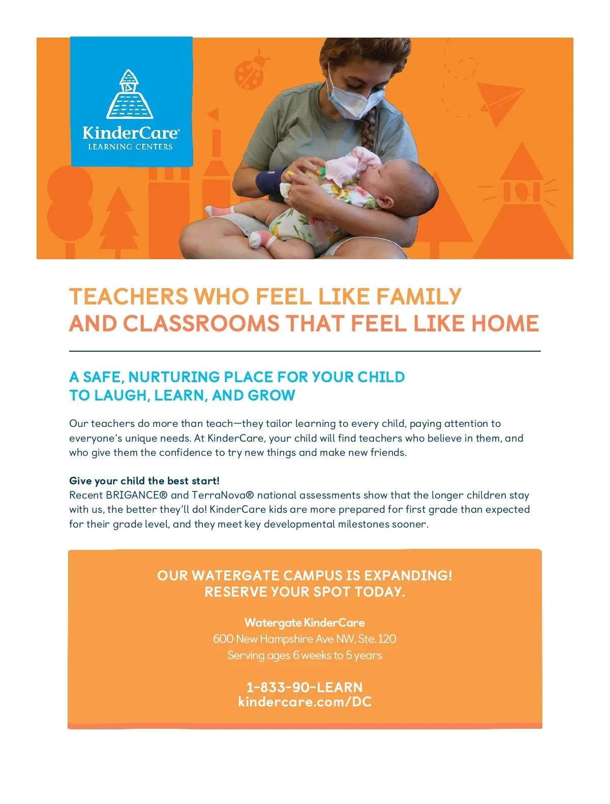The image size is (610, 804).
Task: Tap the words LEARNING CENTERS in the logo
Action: coord(131,147)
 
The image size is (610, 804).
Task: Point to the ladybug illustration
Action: coord(251,72)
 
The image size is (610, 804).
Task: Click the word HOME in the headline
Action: coord(505,324)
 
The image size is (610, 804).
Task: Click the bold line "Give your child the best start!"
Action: coord(144,481)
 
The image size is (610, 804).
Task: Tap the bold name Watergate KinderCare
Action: coord(304,623)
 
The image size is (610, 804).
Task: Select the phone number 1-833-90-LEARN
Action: coord(304,687)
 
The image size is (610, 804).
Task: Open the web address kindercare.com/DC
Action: coord(304,702)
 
